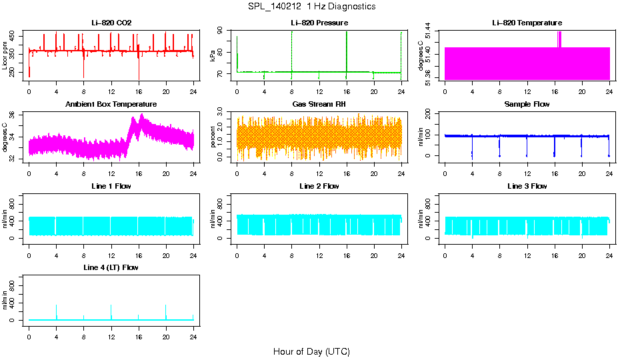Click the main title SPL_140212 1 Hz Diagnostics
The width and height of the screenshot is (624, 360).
tap(311, 6)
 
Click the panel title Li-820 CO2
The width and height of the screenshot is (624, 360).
tap(111, 23)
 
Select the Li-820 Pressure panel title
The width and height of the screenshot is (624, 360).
tap(319, 23)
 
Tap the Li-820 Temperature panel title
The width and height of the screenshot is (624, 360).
tap(527, 23)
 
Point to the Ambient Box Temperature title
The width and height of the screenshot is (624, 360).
tap(111, 104)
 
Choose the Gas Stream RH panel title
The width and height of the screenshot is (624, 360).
tap(319, 104)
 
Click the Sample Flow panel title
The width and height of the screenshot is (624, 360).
tap(527, 104)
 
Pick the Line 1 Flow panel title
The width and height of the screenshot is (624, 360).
tap(111, 186)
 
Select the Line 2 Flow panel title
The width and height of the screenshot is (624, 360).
tap(319, 186)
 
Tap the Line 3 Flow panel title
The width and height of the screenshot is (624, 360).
tap(527, 186)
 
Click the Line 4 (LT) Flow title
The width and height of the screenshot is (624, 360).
tap(111, 267)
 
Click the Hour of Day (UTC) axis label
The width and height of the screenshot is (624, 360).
tap(311, 351)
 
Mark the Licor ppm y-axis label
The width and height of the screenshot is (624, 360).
tap(5, 56)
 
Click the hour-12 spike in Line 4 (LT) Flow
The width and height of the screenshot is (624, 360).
tap(111, 310)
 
